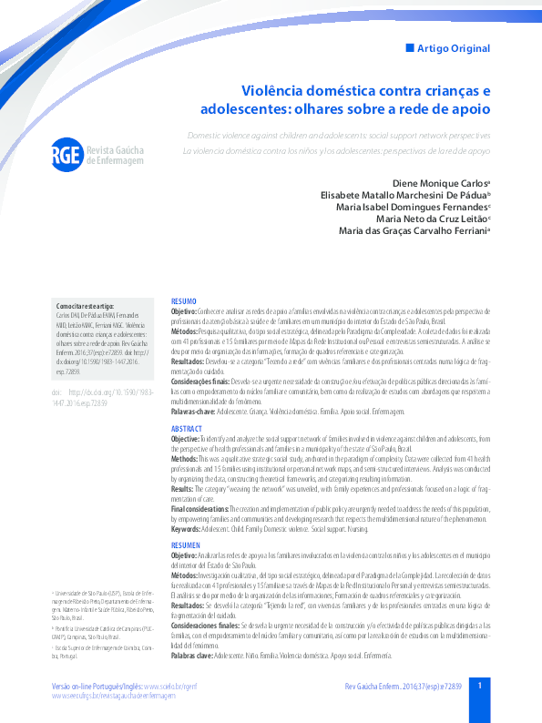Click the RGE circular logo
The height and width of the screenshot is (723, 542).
click(x=66, y=154)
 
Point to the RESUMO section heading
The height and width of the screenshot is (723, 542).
click(x=183, y=300)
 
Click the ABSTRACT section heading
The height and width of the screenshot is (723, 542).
click(x=187, y=428)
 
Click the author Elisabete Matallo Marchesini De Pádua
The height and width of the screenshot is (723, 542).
click(x=404, y=195)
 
